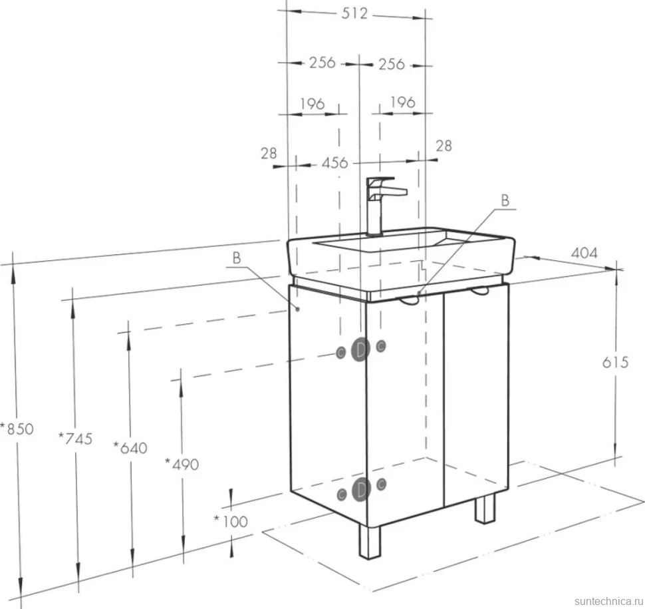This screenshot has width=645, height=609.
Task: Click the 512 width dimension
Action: click(354, 13)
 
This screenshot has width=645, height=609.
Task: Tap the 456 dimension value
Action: click(335, 163)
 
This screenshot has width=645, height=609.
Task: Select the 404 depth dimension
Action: click(584, 253)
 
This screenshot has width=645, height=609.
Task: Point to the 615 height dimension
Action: click(615, 362)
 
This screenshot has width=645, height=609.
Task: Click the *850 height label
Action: click(17, 429)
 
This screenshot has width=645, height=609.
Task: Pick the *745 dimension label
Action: click(76, 439)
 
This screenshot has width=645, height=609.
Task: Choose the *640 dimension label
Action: click(130, 447)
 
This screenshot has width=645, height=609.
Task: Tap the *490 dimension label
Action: click(182, 465)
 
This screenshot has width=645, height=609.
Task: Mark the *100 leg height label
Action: click(231, 522)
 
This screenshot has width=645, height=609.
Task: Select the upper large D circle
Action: click(360, 349)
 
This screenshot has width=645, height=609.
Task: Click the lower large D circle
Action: click(361, 490)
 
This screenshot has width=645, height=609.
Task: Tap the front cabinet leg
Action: click(370, 542)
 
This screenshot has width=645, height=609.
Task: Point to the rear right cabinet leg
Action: click(485, 508)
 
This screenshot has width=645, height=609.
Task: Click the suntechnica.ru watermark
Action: click(609, 601)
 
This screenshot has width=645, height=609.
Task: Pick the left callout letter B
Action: click(237, 258)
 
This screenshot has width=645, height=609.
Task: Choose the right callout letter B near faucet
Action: click(505, 200)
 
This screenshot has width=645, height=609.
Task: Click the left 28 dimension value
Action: click(269, 154)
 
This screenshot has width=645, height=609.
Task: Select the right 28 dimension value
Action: click(444, 146)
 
